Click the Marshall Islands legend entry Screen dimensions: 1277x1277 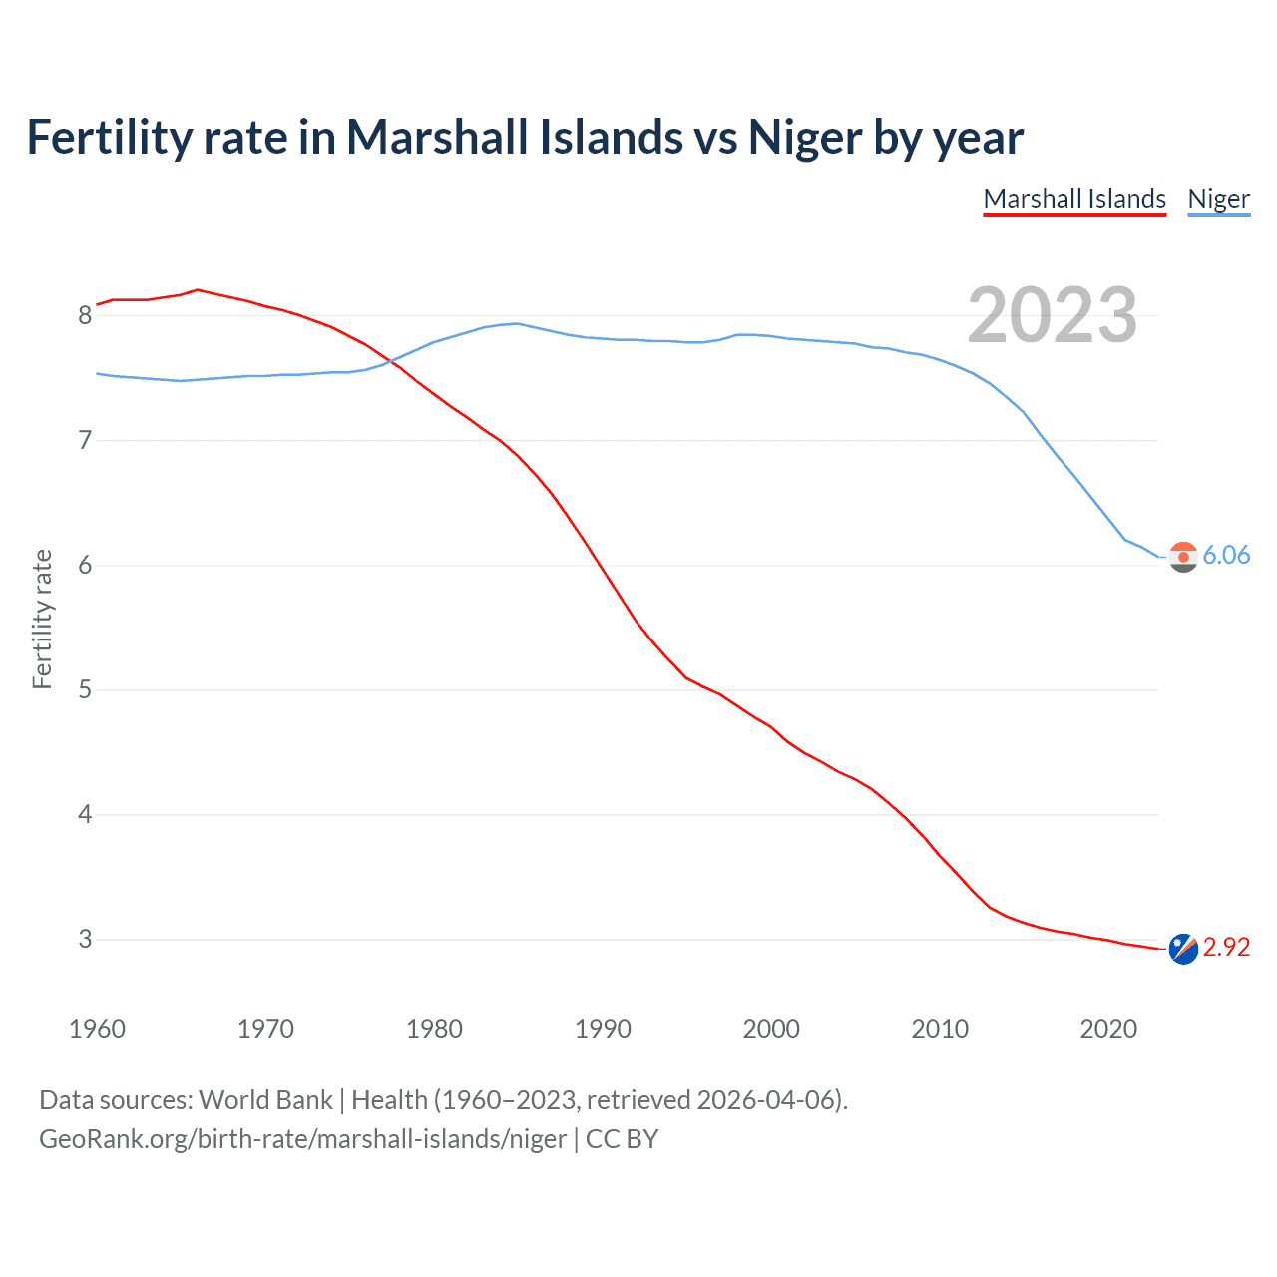(1074, 199)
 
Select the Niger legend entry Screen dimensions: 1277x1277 (1218, 199)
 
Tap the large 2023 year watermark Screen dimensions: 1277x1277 (1053, 315)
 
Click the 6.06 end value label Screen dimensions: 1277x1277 (1226, 556)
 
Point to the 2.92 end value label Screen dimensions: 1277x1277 (1226, 947)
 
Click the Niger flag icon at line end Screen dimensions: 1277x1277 (1183, 557)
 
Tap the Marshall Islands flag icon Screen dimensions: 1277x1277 (1183, 949)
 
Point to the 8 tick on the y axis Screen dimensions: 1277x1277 (85, 316)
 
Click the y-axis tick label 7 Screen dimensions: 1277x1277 (85, 440)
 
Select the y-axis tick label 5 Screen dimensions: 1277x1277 (85, 690)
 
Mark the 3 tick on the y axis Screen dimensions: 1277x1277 (85, 940)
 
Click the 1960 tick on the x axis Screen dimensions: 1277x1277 (97, 1029)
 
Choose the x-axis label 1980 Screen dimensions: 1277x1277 (434, 1029)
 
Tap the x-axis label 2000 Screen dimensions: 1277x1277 (771, 1029)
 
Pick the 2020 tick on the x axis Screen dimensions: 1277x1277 (1108, 1029)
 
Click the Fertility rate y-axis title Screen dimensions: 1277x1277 (42, 619)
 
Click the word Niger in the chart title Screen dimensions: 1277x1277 (805, 138)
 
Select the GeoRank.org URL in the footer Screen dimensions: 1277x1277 (302, 1139)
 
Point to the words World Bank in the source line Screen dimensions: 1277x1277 (265, 1100)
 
